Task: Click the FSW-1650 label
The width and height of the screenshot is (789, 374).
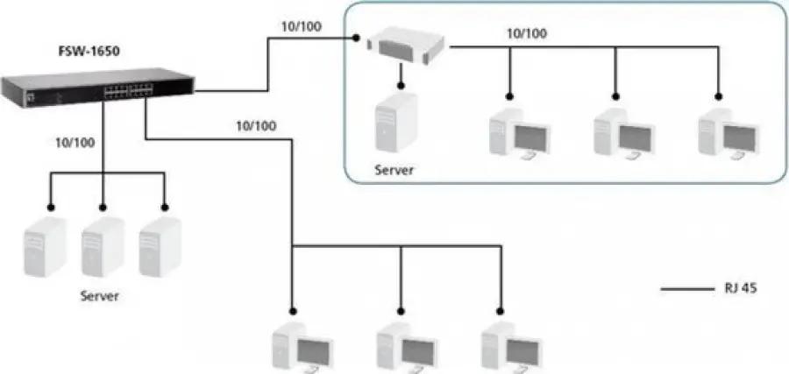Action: click(x=89, y=52)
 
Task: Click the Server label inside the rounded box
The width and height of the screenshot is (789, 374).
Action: click(x=394, y=170)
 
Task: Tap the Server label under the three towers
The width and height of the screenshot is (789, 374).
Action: click(x=100, y=296)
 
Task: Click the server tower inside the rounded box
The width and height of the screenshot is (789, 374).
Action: click(x=397, y=122)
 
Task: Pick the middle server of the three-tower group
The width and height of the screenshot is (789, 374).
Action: click(x=103, y=247)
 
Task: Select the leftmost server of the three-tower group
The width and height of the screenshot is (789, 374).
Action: click(x=45, y=247)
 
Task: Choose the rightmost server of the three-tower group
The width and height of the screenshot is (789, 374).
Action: click(x=160, y=247)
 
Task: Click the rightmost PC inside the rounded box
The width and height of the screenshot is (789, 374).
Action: click(x=729, y=133)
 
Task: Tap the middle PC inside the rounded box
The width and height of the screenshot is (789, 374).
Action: click(x=624, y=133)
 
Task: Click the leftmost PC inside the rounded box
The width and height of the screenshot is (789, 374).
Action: click(x=519, y=133)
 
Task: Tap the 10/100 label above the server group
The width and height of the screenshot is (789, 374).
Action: click(x=75, y=143)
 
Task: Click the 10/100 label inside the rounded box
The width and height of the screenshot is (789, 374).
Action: click(x=527, y=33)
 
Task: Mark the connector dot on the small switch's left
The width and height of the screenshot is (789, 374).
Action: click(x=356, y=38)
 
